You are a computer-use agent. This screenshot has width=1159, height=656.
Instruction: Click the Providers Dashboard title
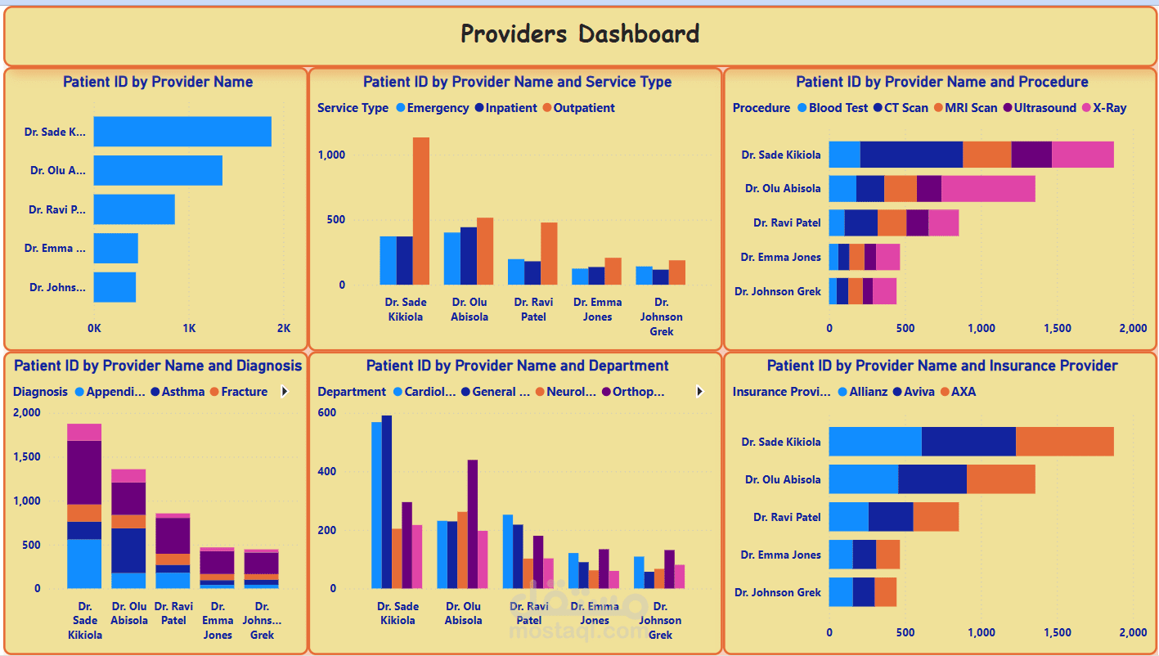click(579, 34)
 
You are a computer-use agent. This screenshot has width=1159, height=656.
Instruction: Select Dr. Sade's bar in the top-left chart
click(182, 132)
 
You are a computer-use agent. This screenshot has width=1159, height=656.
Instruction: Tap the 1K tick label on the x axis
click(189, 328)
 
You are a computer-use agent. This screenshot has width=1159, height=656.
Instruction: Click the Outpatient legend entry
click(583, 108)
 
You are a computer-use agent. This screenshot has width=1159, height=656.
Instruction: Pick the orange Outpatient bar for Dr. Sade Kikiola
click(420, 210)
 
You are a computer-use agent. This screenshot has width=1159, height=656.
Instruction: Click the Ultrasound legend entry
click(1044, 108)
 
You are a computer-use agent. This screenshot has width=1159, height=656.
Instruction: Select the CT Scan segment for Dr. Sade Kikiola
click(911, 155)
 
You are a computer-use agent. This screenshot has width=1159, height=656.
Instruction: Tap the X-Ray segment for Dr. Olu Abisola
click(988, 188)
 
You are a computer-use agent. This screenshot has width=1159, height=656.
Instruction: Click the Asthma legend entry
click(182, 392)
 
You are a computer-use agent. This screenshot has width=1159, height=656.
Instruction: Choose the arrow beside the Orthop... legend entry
click(699, 392)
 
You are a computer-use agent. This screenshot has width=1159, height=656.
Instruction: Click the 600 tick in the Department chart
click(326, 413)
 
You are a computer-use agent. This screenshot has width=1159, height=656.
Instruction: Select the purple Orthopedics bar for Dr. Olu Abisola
click(472, 523)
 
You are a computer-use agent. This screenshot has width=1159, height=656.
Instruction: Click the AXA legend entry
click(963, 392)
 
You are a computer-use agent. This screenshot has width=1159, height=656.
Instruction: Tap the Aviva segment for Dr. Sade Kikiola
click(968, 442)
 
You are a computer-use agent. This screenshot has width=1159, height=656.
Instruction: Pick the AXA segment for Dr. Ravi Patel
click(936, 517)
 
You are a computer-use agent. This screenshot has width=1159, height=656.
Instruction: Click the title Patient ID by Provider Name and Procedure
click(941, 82)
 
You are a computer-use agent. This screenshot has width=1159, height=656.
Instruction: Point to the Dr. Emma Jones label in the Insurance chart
click(780, 555)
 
